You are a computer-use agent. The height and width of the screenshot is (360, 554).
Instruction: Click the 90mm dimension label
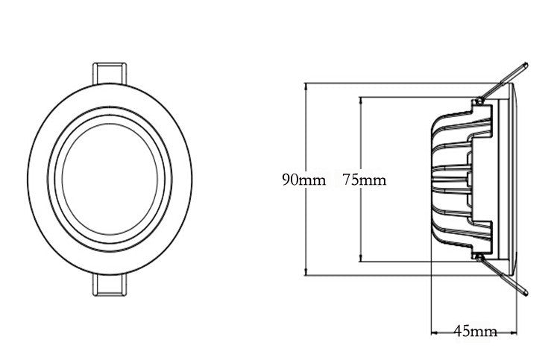303,180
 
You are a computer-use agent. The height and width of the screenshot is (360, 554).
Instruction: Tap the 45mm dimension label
475,330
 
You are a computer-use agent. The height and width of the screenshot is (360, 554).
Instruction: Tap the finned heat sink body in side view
459,180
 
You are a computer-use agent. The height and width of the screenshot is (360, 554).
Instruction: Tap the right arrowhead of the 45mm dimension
517,330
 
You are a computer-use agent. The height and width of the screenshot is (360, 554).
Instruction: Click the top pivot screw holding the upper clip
477,99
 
